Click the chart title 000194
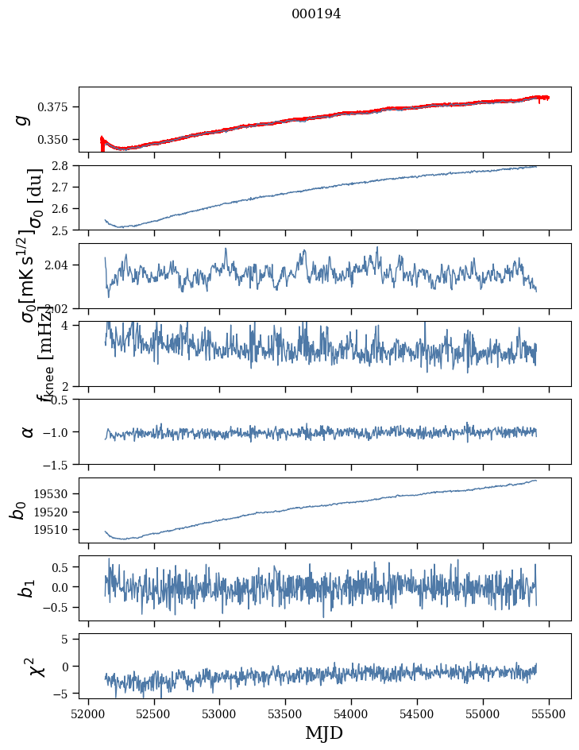tap(316, 14)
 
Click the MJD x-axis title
tap(324, 733)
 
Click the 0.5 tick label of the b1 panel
tap(63, 567)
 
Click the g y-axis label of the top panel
tap(24, 119)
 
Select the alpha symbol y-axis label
tap(27, 431)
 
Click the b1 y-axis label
tap(27, 589)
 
